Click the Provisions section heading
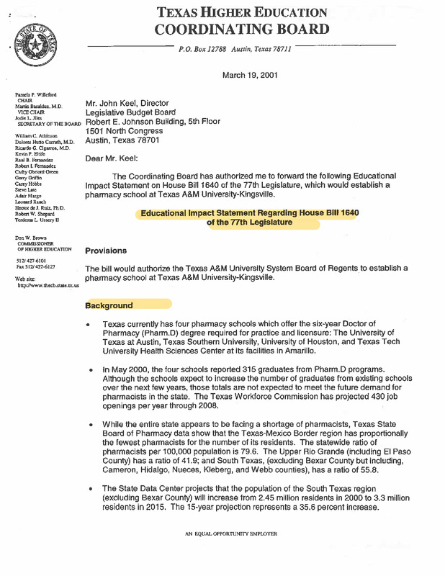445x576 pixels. point(106,251)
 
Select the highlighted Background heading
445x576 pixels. point(109,305)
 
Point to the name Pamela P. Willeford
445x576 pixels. point(37,95)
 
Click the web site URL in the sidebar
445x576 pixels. point(48,285)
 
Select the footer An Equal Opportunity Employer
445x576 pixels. point(230,534)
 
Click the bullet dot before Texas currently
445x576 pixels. point(87,325)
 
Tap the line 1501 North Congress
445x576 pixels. point(124,131)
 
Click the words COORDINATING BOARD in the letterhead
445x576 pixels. point(242,30)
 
